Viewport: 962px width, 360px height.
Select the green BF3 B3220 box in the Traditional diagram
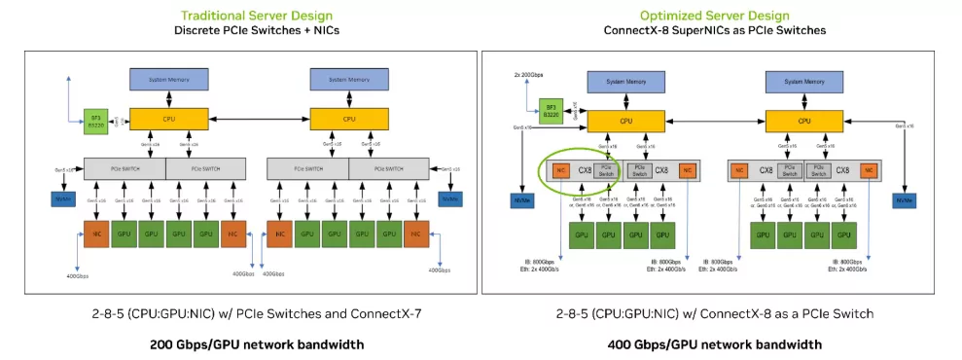coord(96,120)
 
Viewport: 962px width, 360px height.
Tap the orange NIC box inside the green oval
coord(561,170)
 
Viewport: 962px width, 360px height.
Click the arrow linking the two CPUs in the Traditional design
coord(256,119)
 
